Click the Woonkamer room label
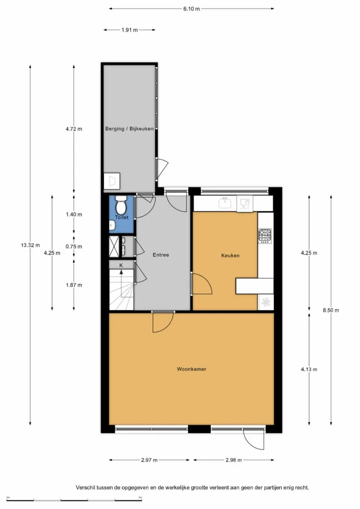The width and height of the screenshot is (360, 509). click(191, 369)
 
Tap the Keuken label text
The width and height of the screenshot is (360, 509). click(230, 256)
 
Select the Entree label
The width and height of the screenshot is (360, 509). click(160, 255)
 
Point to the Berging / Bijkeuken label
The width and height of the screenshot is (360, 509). click(129, 129)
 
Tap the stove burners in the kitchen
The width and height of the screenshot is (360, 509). click(265, 236)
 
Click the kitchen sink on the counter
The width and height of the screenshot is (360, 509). click(225, 203)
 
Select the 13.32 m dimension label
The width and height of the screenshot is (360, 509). click(30, 245)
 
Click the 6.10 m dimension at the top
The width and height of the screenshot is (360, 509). click(191, 9)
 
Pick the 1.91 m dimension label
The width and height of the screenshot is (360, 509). click(129, 30)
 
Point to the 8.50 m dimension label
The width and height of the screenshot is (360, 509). click(331, 310)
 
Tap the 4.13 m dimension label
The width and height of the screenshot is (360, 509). click(309, 370)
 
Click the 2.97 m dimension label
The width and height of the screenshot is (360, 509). click(149, 460)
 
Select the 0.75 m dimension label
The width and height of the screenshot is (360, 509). click(73, 247)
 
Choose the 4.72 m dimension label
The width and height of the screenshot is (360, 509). click(73, 129)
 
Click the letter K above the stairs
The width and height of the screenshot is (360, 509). click(121, 265)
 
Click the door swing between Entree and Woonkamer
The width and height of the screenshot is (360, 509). click(162, 322)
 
